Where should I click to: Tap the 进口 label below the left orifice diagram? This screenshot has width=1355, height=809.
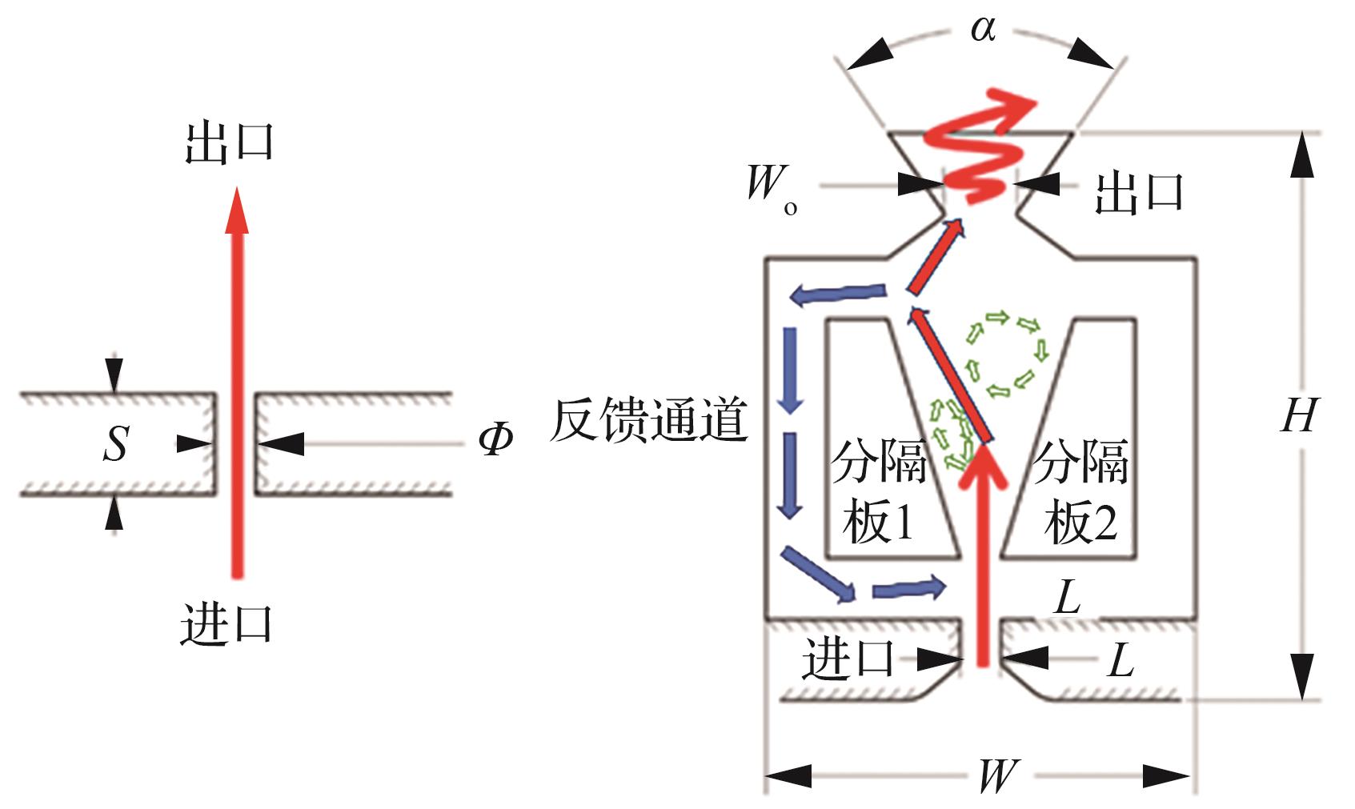(x=227, y=625)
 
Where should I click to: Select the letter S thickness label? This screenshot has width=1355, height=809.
(x=117, y=443)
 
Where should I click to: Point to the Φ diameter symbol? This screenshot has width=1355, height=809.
(x=495, y=439)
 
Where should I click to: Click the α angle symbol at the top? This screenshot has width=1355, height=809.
(x=983, y=29)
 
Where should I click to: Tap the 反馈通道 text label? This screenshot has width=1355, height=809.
(x=648, y=419)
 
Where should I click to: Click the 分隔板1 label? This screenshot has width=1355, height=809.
(x=878, y=491)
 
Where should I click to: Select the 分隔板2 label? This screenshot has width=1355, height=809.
(x=1080, y=491)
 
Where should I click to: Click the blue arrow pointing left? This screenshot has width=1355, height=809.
(x=837, y=294)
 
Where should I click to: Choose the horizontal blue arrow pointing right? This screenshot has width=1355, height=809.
(x=908, y=587)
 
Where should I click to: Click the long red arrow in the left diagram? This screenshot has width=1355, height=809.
(x=237, y=382)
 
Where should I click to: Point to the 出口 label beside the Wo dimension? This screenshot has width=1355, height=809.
(x=1139, y=193)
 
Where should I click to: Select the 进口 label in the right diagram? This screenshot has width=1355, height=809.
(x=848, y=659)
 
